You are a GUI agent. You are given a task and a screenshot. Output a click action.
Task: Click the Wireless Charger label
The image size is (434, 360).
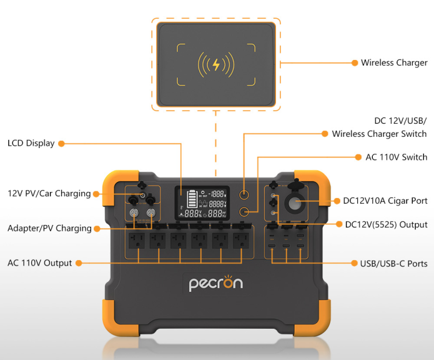pos(394,62)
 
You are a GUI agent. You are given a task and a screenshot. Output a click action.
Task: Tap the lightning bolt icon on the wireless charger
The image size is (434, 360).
pos(216,64)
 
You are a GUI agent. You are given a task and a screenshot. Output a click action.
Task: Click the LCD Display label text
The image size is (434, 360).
pos(31,143)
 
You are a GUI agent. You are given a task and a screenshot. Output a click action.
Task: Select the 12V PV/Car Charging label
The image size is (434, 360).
pos(49,194)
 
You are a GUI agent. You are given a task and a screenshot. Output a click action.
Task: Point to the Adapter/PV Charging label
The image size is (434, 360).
pos(49,228)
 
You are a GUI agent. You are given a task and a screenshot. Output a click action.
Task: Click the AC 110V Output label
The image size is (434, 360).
pos(39,263)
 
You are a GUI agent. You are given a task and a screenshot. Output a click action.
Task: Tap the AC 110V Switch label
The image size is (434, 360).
pos(396,157)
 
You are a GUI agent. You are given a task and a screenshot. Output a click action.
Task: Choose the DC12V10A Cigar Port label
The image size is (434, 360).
pos(385,201)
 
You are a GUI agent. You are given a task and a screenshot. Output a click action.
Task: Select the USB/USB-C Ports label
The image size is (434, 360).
pos(389,264)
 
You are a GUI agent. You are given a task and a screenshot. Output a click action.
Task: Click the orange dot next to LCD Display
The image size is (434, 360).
pos(61,143)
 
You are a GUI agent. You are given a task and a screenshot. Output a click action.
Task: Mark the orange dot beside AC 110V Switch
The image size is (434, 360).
pos(359,157)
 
